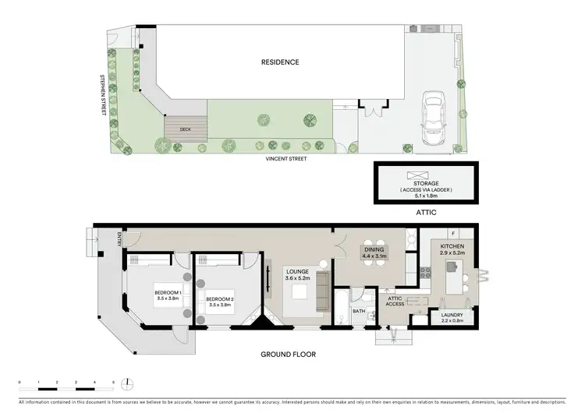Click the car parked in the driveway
pos(431,119)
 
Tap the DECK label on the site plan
pos(185,129)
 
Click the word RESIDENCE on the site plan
pos(280,62)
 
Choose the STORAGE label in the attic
pos(425,183)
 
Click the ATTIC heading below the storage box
pos(425,211)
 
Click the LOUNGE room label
pos(299,271)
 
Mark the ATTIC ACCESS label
pos(395,301)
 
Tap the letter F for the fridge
pos(463,232)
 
